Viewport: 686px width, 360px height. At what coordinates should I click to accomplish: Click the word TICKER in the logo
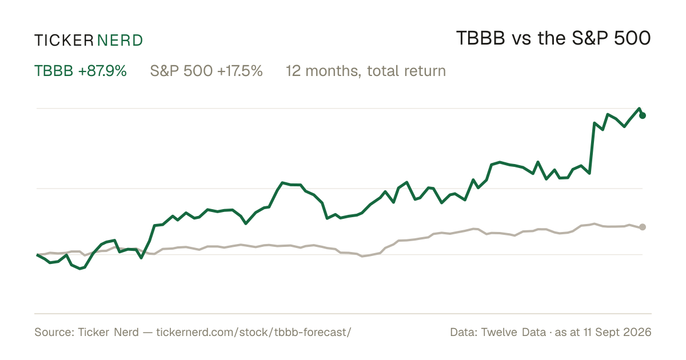(64, 41)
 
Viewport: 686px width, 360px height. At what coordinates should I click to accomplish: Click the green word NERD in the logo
(120, 41)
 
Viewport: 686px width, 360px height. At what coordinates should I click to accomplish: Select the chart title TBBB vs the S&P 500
(553, 38)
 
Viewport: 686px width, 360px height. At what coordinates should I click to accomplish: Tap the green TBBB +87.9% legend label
(81, 71)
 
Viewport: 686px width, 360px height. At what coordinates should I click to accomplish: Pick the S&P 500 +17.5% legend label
(206, 71)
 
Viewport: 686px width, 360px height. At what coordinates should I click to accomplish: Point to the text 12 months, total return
(366, 71)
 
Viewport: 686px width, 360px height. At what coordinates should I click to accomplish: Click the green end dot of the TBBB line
(643, 115)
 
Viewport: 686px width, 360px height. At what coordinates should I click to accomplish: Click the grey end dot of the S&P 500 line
(643, 227)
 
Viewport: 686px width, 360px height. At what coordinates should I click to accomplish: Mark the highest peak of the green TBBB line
(639, 109)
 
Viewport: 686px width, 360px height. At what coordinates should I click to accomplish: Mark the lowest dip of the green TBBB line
(80, 269)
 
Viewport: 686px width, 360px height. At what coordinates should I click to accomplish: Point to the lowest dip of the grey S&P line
(362, 256)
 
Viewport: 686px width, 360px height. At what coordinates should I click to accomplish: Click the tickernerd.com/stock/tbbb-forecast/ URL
(254, 332)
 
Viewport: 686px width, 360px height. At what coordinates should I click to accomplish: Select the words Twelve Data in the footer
(513, 332)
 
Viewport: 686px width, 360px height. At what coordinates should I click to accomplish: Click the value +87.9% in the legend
(102, 71)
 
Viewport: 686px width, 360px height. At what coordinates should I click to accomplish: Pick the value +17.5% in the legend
(240, 71)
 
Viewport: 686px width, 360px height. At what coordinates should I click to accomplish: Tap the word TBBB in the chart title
(481, 38)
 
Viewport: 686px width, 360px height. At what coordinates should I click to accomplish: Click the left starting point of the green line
(37, 255)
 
